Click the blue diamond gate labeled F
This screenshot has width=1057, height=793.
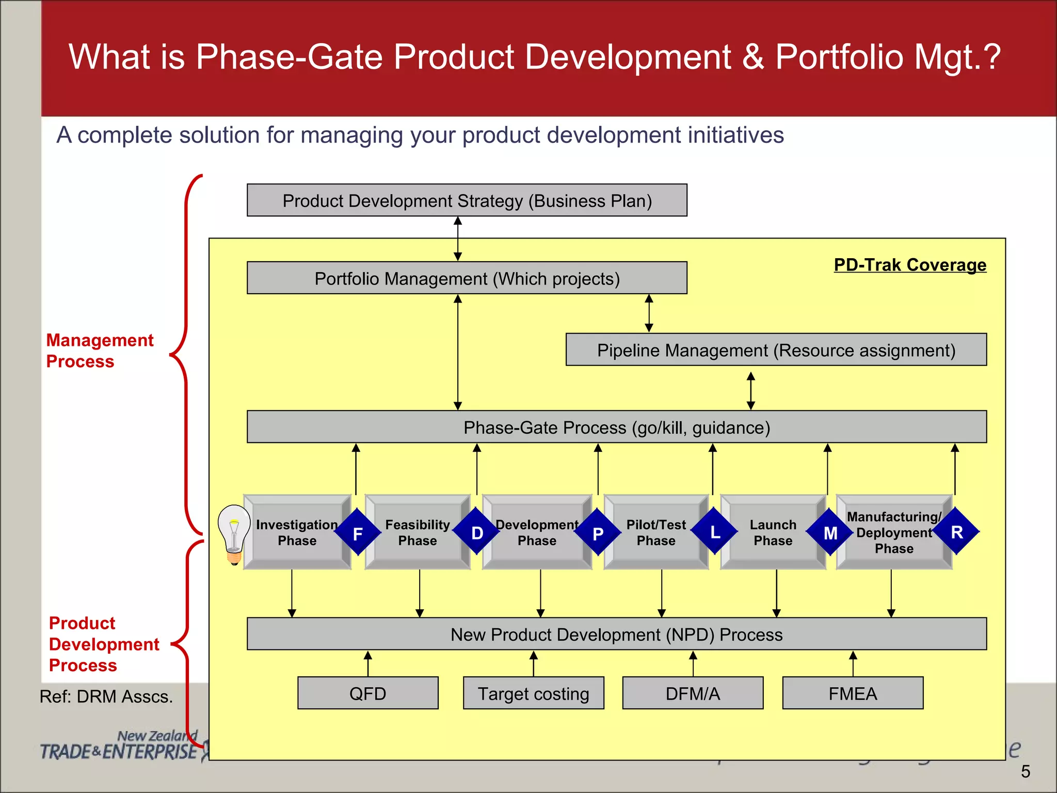(x=358, y=532)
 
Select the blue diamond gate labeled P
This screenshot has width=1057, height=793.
(x=598, y=532)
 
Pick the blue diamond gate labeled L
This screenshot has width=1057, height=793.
(x=715, y=531)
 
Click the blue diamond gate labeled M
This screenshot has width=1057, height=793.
(x=830, y=532)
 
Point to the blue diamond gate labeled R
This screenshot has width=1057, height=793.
(x=956, y=531)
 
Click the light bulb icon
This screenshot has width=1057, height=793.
(x=234, y=534)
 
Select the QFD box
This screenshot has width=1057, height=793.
(x=367, y=693)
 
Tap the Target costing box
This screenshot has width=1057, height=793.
(x=533, y=693)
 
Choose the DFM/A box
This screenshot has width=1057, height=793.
(x=693, y=693)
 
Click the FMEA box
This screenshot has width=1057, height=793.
(x=853, y=693)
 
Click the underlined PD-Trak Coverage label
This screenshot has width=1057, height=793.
(x=910, y=265)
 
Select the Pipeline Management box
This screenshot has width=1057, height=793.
(x=776, y=350)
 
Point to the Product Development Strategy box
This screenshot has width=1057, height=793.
(x=467, y=200)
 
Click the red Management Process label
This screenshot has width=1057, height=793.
(x=100, y=351)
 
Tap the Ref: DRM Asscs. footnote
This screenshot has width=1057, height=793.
(x=106, y=696)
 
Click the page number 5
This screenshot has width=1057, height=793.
(x=1025, y=771)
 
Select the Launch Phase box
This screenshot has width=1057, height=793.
(x=772, y=532)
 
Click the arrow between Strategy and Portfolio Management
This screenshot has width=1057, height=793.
(x=458, y=239)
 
